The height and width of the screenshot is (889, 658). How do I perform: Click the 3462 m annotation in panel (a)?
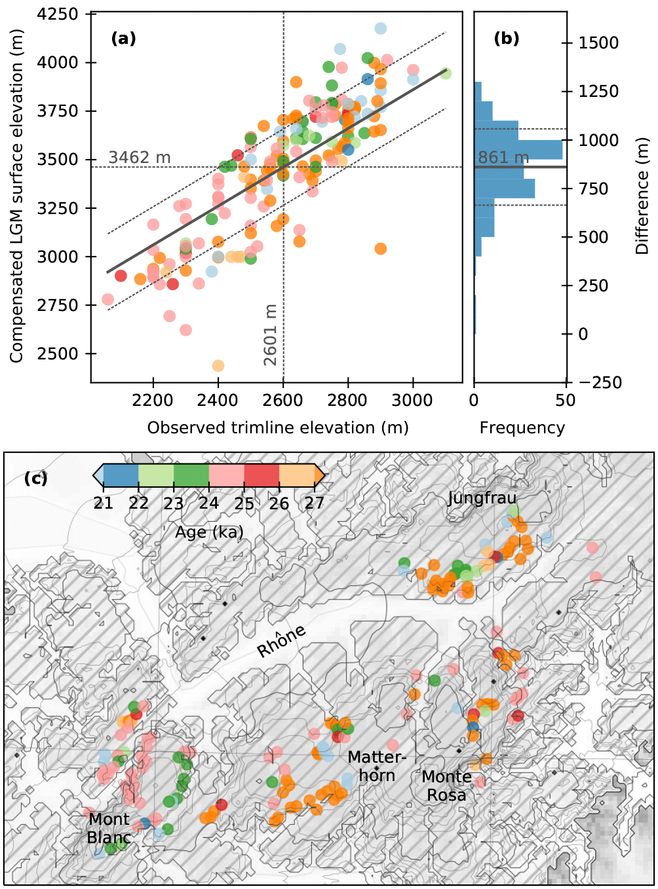click(140, 157)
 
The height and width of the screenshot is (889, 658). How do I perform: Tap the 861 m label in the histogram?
click(503, 158)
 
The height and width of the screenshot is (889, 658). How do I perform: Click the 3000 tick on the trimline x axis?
click(413, 400)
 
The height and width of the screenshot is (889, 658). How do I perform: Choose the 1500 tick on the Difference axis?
click(598, 43)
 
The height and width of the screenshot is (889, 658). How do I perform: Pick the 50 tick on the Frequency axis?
click(566, 400)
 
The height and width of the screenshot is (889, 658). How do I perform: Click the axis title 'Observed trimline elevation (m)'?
click(277, 428)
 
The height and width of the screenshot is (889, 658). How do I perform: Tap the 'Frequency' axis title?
click(522, 428)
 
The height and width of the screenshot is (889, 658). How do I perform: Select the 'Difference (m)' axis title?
click(642, 196)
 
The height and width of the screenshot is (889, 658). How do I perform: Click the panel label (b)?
click(506, 39)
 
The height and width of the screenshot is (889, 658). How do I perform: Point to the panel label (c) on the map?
click(35, 478)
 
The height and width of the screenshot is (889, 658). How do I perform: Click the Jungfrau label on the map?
click(482, 498)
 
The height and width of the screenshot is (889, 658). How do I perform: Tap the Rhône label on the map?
click(281, 641)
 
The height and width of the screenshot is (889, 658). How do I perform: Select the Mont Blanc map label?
click(109, 828)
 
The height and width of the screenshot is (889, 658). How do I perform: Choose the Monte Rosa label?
click(446, 786)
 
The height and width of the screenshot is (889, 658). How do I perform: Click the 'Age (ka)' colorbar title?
click(209, 532)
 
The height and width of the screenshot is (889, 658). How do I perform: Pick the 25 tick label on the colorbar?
click(244, 503)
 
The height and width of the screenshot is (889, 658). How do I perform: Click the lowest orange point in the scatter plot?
click(218, 365)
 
